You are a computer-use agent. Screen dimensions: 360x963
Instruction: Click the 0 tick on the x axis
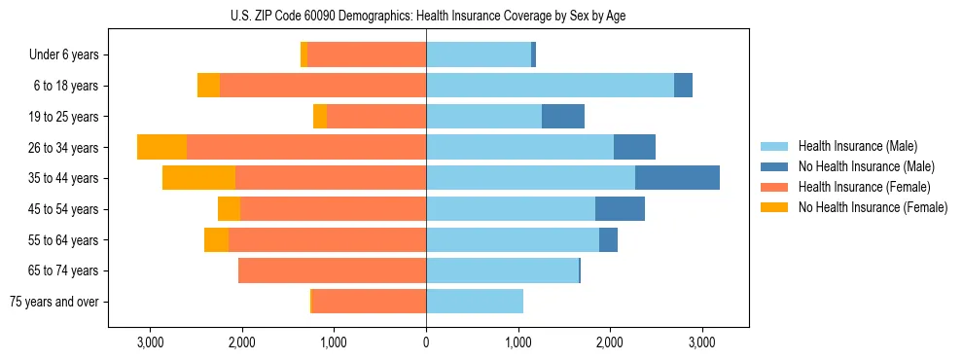click(426, 342)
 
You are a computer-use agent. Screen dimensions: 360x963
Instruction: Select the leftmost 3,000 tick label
click(150, 342)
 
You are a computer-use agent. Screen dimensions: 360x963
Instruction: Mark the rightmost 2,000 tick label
click(610, 342)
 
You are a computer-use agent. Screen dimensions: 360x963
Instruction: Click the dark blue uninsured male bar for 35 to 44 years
click(677, 178)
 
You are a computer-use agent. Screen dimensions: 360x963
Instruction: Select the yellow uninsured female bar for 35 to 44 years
click(198, 178)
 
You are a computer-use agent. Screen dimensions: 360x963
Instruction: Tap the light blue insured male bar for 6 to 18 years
click(550, 86)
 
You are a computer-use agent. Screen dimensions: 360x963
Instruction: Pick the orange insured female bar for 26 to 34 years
click(306, 148)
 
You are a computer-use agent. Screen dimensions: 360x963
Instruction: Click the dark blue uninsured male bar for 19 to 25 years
click(563, 117)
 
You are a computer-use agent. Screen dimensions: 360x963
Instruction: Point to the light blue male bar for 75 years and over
click(475, 302)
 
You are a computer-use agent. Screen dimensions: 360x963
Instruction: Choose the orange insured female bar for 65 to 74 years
click(332, 270)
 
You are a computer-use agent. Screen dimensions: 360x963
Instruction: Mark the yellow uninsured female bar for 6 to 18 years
click(208, 86)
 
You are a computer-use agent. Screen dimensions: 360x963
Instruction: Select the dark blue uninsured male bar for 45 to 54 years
click(620, 209)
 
